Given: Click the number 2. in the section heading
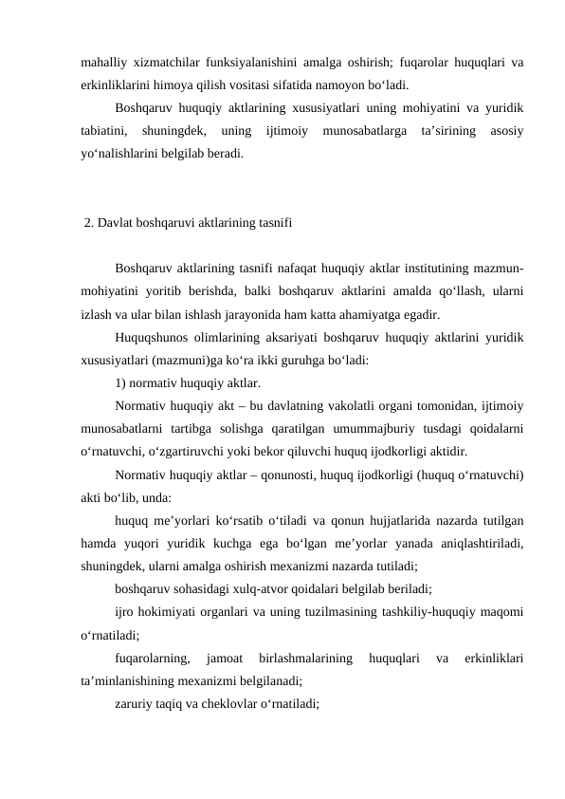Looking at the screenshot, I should tap(89, 224).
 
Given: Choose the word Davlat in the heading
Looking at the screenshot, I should tap(116, 224).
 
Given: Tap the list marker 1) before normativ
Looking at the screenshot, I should tap(120, 383).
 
